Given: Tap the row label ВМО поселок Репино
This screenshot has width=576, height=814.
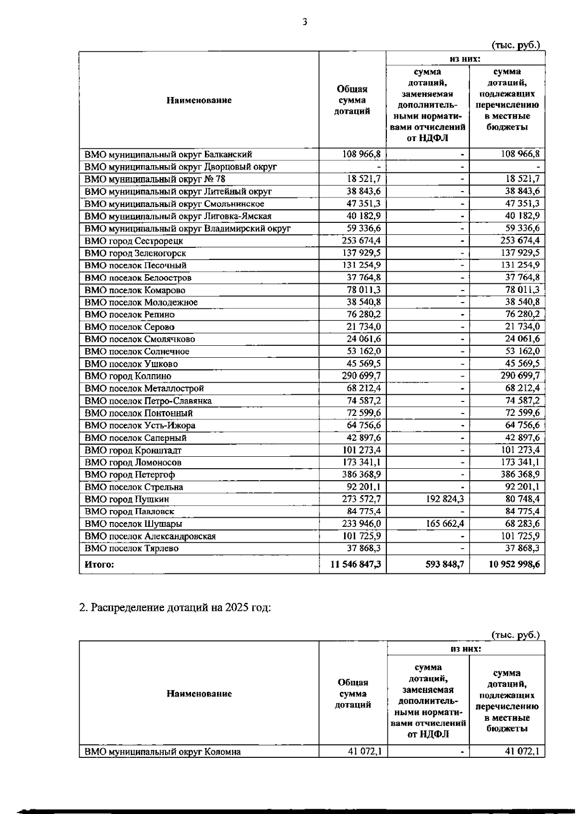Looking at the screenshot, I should pyautogui.click(x=130, y=315).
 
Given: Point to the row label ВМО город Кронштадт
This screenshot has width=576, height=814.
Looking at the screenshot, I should pyautogui.click(x=133, y=450).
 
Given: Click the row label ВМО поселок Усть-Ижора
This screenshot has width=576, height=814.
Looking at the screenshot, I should pyautogui.click(x=140, y=425).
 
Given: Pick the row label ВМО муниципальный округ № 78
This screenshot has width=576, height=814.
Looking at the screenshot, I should pyautogui.click(x=155, y=179).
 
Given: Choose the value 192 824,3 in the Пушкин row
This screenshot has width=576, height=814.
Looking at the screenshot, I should pyautogui.click(x=445, y=499).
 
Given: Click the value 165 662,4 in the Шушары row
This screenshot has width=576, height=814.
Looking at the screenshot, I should pyautogui.click(x=445, y=523).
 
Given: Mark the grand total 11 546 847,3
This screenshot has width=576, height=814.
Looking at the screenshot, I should pyautogui.click(x=356, y=564).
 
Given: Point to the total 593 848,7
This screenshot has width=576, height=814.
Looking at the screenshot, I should pyautogui.click(x=444, y=564).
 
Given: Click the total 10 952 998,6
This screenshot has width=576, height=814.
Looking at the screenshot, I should pyautogui.click(x=514, y=564).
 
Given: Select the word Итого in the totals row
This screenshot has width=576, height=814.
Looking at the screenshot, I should pyautogui.click(x=99, y=565).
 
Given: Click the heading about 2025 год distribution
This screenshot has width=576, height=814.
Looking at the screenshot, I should pyautogui.click(x=175, y=607).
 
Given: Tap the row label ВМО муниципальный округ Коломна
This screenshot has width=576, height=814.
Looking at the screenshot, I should pyautogui.click(x=162, y=752).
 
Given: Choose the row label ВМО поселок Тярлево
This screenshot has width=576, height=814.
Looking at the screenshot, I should pyautogui.click(x=132, y=548).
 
